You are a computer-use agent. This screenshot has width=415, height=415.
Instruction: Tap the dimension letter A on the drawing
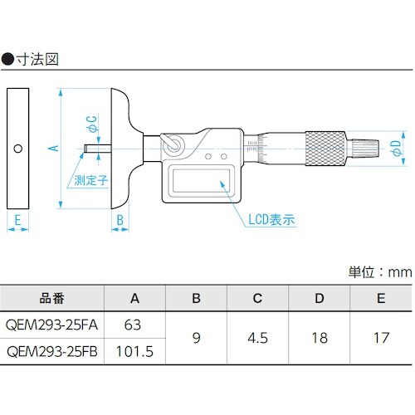[51, 147]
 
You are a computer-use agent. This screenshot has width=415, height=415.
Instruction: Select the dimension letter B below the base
[120, 221]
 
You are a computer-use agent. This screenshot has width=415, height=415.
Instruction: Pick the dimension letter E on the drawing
[16, 221]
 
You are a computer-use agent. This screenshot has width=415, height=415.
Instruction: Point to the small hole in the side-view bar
[17, 148]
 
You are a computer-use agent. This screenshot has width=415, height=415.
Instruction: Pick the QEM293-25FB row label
[52, 351]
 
